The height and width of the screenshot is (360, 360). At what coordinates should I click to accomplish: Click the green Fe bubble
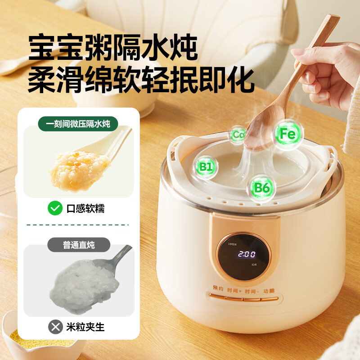point(287,134)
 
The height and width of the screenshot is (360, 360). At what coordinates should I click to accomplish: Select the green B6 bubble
point(262,187)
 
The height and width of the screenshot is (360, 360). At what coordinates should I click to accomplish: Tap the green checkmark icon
point(55,208)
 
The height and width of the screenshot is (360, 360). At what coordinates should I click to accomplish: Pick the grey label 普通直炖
point(79,245)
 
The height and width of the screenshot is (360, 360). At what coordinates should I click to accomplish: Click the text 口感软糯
point(85,208)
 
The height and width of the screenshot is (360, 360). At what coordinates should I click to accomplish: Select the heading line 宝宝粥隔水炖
point(113,47)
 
